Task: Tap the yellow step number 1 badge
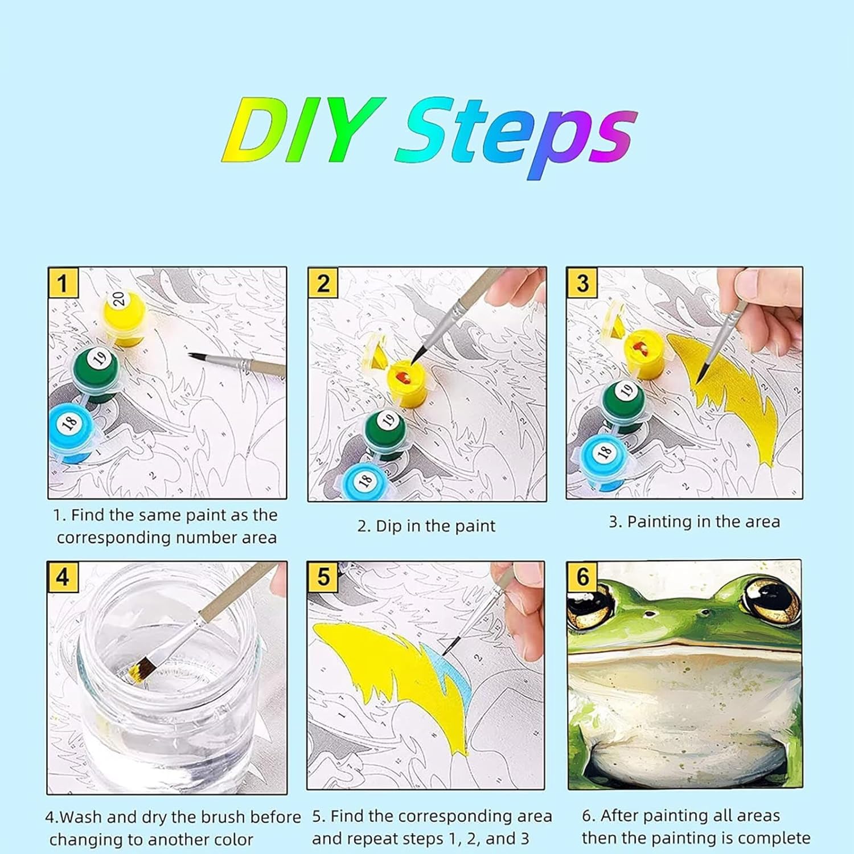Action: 63,282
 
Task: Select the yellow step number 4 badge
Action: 63,577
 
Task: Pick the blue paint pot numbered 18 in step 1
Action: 72,432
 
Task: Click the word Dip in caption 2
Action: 388,526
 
